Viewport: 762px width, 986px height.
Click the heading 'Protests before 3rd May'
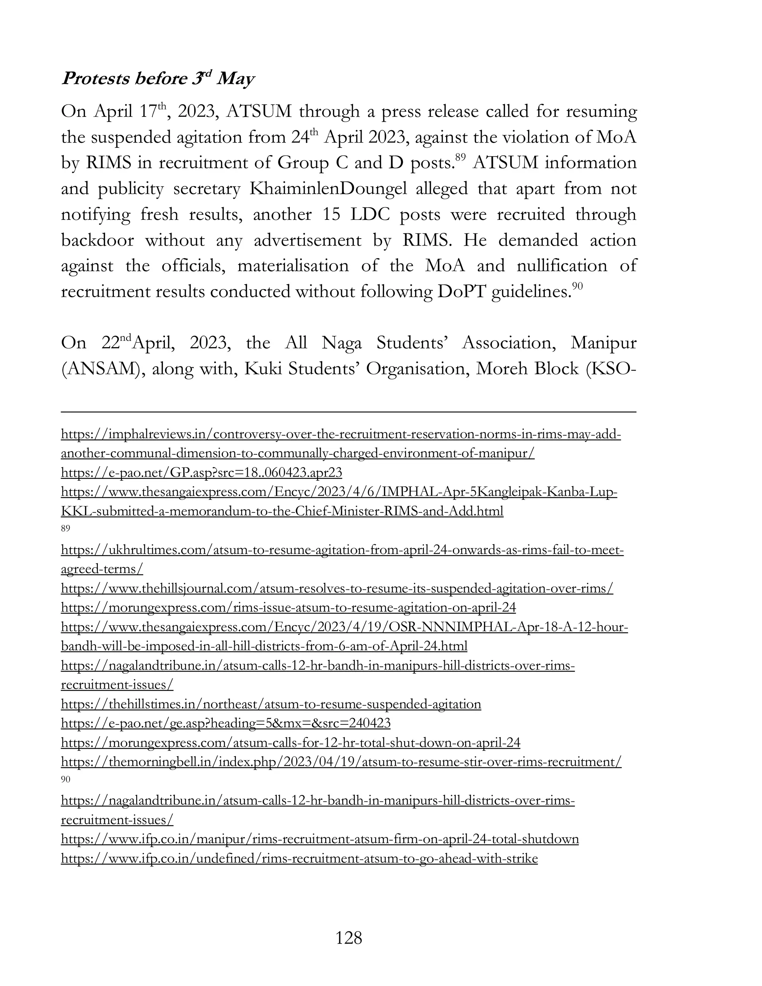coord(158,79)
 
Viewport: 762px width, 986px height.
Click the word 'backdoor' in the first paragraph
coord(97,240)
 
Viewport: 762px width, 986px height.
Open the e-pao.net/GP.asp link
coord(201,473)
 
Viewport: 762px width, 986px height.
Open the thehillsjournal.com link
coord(337,588)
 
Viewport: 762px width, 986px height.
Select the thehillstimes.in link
coord(271,704)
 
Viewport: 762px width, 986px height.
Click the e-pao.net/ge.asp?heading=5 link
coord(226,723)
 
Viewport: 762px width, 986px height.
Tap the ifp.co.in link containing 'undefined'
coord(299,858)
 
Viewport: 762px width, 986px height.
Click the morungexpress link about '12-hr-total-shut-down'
coord(291,743)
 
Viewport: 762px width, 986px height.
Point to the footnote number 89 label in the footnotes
coord(65,529)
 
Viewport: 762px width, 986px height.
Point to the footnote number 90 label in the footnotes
coord(65,779)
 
